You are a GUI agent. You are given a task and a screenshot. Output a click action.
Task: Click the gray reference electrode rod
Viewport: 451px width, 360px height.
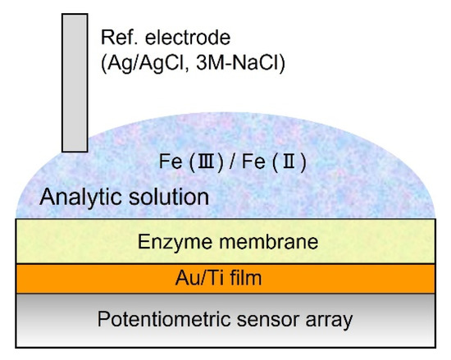(x=75, y=82)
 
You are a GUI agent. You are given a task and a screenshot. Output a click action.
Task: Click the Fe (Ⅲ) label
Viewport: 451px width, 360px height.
(x=191, y=162)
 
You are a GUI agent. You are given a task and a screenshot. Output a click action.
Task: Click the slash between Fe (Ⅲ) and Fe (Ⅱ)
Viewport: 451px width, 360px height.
(x=235, y=162)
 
